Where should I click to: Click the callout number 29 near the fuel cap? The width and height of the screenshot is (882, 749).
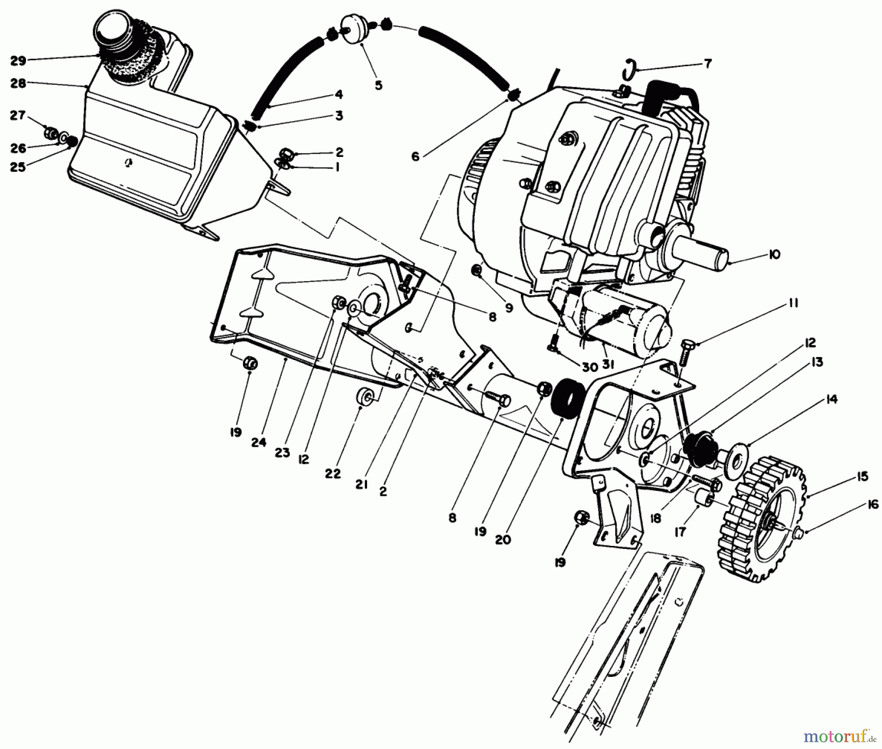click(18, 61)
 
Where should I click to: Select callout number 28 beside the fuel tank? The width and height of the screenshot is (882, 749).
click(18, 84)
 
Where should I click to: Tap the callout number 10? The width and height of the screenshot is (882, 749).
click(774, 255)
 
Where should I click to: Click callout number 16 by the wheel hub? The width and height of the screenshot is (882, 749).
click(873, 505)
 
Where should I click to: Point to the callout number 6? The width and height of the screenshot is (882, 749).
click(415, 157)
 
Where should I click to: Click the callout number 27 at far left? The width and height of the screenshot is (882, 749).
click(17, 116)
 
